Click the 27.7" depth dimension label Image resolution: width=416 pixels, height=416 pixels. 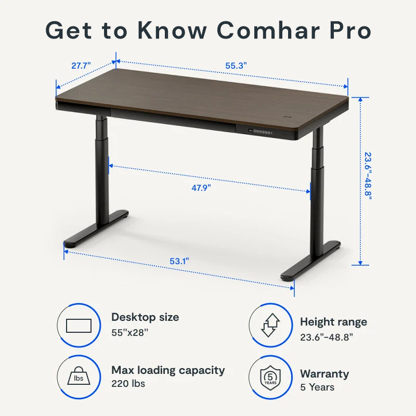click(81, 66)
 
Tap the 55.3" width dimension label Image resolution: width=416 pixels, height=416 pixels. click(236, 66)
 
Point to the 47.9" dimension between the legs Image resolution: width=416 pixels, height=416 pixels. click(201, 188)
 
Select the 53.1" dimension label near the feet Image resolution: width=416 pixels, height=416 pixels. click(179, 262)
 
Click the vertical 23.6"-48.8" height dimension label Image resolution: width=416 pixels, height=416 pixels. click(368, 176)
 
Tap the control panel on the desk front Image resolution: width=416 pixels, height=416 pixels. click(261, 132)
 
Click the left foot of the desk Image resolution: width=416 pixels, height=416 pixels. click(96, 228)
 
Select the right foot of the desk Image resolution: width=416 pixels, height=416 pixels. click(310, 261)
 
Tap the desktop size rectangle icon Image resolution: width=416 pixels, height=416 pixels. click(79, 326)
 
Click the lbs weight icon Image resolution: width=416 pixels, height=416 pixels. click(79, 375)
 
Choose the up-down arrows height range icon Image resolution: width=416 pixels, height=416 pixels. click(270, 325)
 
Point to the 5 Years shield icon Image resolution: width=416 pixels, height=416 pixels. click(270, 378)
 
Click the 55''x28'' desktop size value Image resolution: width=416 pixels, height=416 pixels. click(129, 333)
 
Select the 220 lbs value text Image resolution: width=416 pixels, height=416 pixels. click(128, 384)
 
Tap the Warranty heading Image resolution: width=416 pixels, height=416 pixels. click(324, 374)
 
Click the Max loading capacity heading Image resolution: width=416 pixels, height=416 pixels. click(168, 370)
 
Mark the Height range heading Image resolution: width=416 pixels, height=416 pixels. click(333, 322)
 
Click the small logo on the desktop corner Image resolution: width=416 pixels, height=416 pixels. click(287, 116)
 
